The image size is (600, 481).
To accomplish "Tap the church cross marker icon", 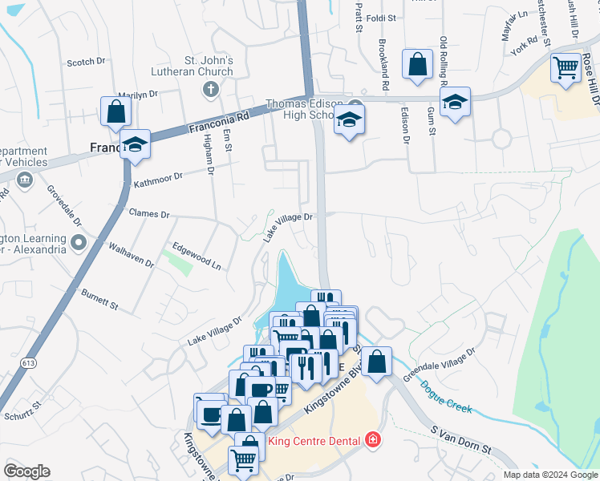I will pos(210,88).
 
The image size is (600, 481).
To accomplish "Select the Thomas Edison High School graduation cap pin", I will pos(349,120).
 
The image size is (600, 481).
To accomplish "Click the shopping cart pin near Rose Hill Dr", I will pos(566,67).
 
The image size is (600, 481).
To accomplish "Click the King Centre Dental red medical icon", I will pos(371,439).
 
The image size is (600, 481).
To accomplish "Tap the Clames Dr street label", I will pos(149,215).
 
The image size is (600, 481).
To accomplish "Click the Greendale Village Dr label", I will pos(440,364).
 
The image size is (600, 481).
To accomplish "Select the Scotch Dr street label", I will pos(86,62).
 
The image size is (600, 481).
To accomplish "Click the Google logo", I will pos(26,471).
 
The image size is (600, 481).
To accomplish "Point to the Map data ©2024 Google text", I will pos(549,474).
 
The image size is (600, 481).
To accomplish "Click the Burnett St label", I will pos(99,300).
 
